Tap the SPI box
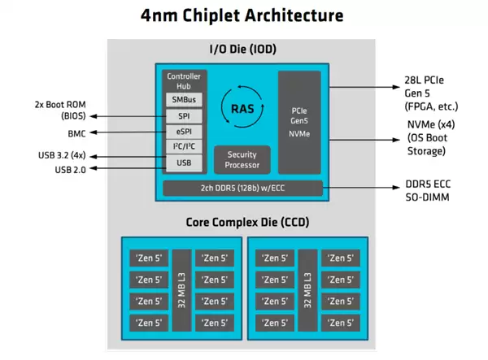click(183, 116)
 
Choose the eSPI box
click(183, 132)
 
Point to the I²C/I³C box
click(183, 147)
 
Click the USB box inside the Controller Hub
click(183, 163)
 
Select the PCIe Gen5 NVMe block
click(300, 121)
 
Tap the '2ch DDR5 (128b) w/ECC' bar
click(242, 189)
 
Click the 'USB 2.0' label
click(70, 169)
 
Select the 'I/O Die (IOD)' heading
click(242, 50)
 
